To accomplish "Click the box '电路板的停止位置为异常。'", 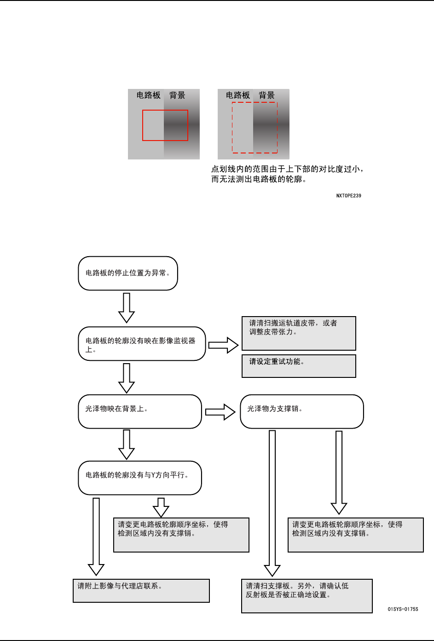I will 128,273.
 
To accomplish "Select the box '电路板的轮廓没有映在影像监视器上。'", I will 142,344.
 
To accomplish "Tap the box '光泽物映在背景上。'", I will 140,412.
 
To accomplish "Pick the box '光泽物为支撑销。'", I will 302,412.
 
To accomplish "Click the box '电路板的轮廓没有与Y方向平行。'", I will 140,478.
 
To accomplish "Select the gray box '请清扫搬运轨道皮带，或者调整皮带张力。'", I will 299,333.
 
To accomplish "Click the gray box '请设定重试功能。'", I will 299,366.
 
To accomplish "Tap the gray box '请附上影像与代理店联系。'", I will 141,591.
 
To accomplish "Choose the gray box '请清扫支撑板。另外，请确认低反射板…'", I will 307,596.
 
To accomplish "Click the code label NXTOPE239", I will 348,196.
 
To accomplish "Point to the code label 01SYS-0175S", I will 403,609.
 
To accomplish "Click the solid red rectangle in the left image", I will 165,125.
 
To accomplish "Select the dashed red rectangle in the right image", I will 255,128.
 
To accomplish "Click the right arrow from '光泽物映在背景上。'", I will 220,412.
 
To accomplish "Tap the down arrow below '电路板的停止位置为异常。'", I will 127,307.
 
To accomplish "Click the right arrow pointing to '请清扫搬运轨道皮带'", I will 224,345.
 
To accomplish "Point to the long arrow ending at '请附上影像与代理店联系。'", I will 96,537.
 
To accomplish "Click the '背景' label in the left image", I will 177,95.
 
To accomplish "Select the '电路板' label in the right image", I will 238,95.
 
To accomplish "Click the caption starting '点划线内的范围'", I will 287,174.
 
